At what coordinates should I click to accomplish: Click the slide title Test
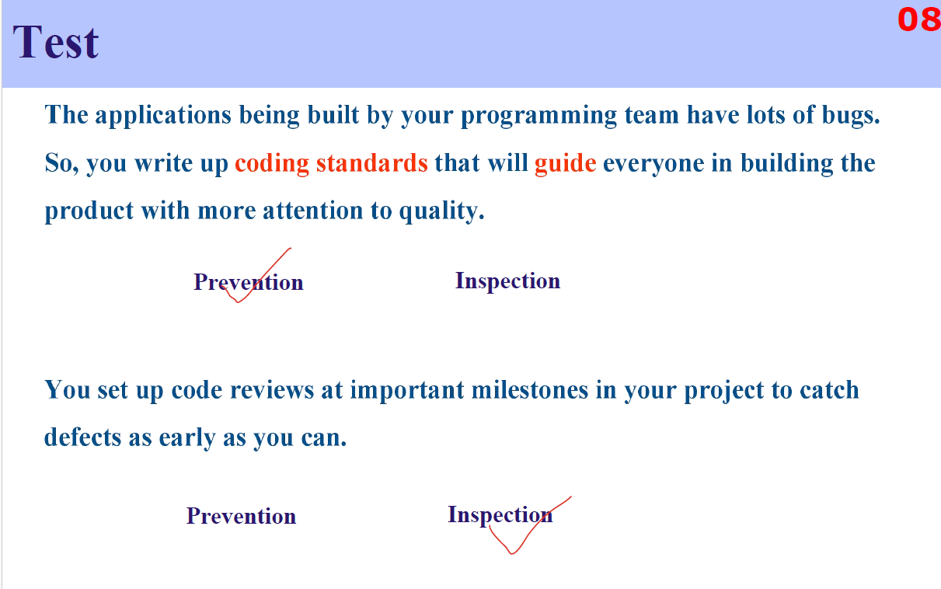coord(55,42)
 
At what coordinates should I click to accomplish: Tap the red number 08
coord(919,19)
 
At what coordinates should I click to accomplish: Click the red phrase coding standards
coord(331,163)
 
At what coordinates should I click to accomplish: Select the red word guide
coord(565,163)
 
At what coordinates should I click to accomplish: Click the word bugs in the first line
coord(850,115)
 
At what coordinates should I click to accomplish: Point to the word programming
coord(539,115)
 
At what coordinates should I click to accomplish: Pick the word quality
coord(441,211)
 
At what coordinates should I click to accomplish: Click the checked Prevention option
coord(249,281)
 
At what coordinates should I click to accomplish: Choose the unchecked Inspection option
coord(508,281)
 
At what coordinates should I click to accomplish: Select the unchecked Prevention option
coord(241,515)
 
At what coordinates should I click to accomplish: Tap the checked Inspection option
coord(500,514)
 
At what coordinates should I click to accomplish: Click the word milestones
coord(530,390)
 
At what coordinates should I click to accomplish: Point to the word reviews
coord(272,390)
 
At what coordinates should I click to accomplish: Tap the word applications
coord(163,115)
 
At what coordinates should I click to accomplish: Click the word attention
coord(313,211)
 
